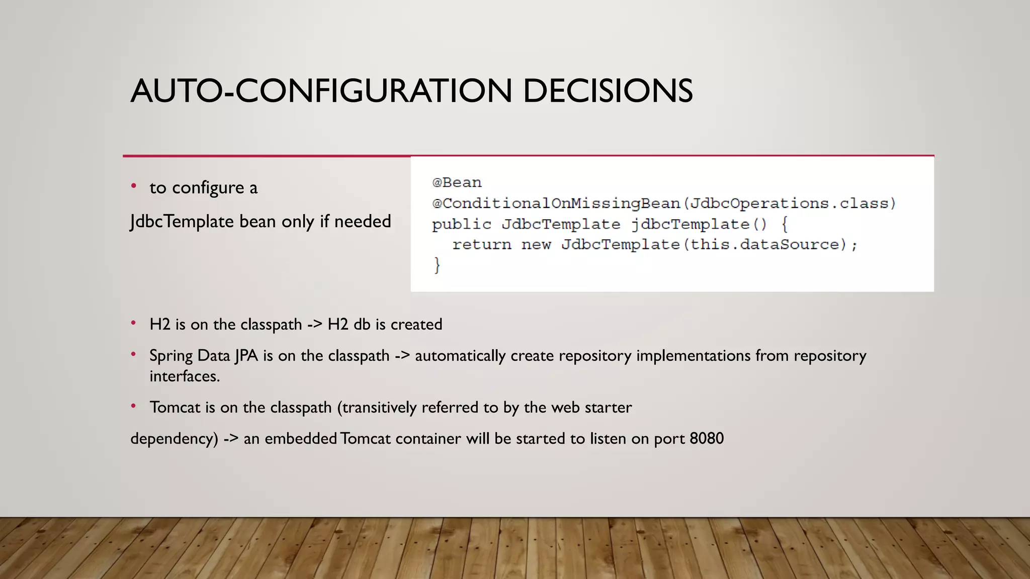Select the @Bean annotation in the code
pyautogui.click(x=457, y=182)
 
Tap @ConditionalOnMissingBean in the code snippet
pyautogui.click(x=556, y=204)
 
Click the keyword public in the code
pyautogui.click(x=461, y=224)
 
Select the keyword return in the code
pyautogui.click(x=481, y=245)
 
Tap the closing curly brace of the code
pyautogui.click(x=437, y=265)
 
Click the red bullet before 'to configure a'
pyautogui.click(x=133, y=186)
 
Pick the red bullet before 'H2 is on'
pyautogui.click(x=133, y=323)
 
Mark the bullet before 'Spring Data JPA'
pyautogui.click(x=133, y=354)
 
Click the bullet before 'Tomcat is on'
pyautogui.click(x=133, y=406)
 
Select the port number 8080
pyautogui.click(x=707, y=439)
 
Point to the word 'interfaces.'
pyautogui.click(x=185, y=376)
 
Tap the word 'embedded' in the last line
pyautogui.click(x=300, y=439)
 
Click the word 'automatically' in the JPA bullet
pyautogui.click(x=460, y=356)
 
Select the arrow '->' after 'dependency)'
pyautogui.click(x=231, y=439)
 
